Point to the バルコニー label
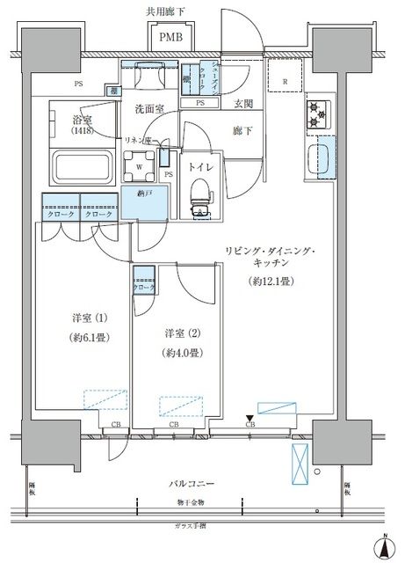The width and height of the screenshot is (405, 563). point(188,484)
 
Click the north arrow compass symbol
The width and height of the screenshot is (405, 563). point(385,546)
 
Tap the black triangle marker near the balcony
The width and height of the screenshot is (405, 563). point(250,418)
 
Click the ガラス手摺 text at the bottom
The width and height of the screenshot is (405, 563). point(189,526)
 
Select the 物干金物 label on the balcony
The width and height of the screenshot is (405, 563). point(188,502)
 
